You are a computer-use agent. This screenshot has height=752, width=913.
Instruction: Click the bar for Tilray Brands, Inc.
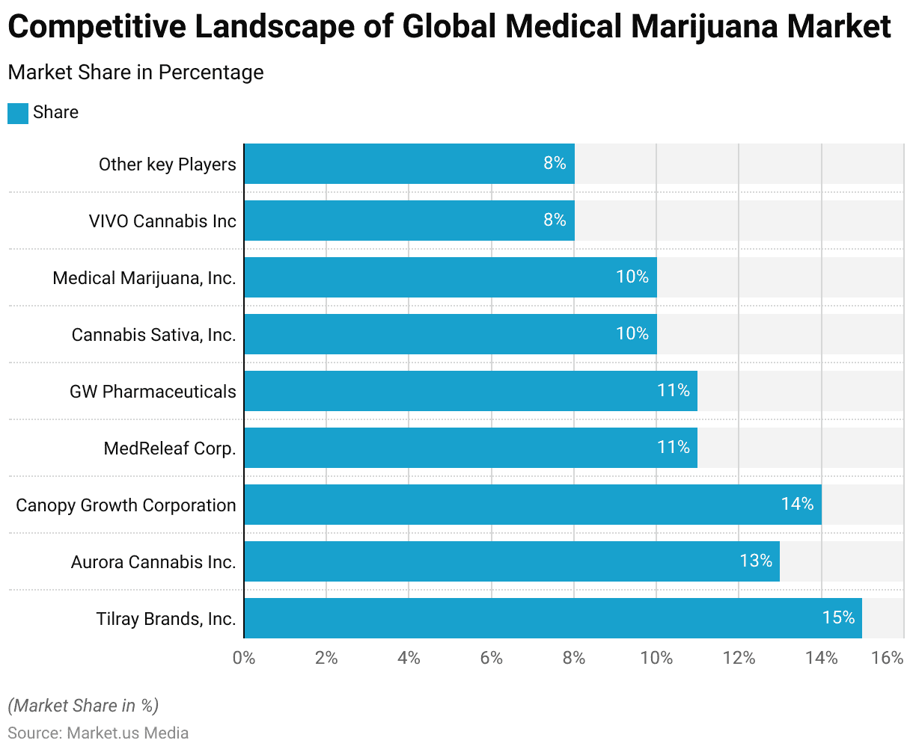[552, 618]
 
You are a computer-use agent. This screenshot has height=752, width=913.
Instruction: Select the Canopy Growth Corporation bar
[532, 505]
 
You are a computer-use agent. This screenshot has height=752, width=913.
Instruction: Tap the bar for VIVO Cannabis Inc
[409, 221]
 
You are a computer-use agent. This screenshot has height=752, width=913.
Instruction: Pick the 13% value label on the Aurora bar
[756, 561]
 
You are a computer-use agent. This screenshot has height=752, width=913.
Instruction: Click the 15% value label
[838, 617]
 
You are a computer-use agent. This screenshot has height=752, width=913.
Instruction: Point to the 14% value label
[797, 504]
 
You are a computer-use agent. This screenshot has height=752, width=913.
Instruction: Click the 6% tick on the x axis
[491, 658]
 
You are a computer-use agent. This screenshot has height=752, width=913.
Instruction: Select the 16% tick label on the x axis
[888, 658]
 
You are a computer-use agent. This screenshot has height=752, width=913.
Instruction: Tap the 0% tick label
[244, 658]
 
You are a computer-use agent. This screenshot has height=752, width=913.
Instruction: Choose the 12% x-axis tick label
[739, 658]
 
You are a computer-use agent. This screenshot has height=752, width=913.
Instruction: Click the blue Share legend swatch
[18, 113]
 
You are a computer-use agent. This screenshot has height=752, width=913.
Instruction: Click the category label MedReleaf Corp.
[170, 449]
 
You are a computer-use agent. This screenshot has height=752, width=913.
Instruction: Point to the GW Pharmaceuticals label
[153, 392]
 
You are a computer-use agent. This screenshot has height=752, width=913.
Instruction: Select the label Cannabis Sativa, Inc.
[153, 335]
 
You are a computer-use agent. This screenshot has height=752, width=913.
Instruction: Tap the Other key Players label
[167, 164]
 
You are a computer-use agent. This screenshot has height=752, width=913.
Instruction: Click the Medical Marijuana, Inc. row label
[144, 278]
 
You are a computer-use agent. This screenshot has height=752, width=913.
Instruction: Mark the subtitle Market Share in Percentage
[135, 73]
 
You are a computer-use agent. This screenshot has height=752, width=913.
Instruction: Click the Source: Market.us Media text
[98, 733]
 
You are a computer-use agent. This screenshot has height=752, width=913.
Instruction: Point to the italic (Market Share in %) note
[83, 706]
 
